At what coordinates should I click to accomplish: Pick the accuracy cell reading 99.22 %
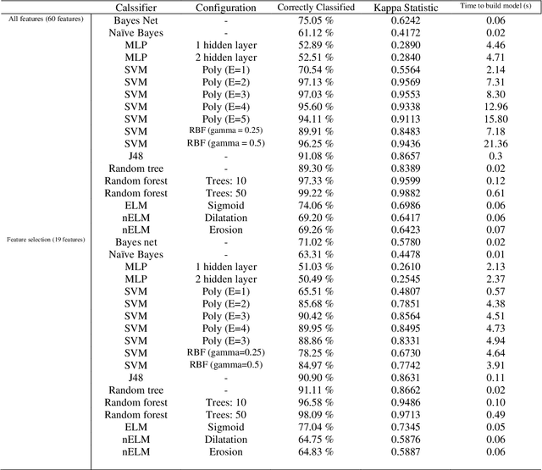coord(310,192)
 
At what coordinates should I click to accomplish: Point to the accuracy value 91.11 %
coord(310,390)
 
